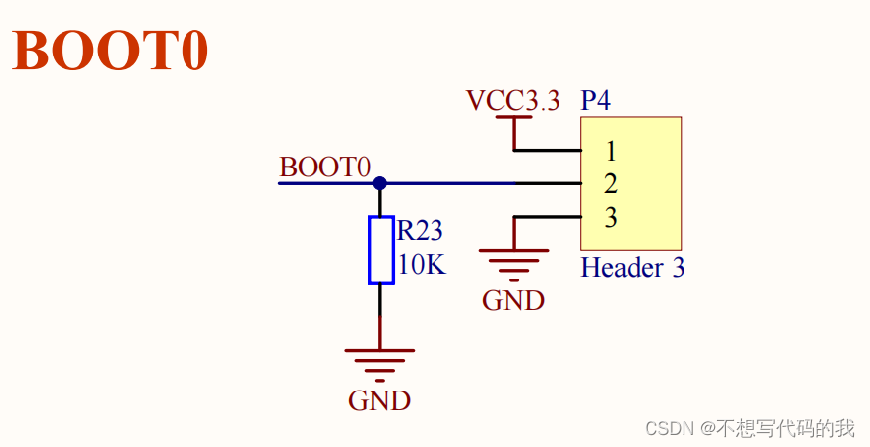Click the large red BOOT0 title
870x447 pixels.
pos(110,51)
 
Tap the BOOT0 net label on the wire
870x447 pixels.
pos(324,168)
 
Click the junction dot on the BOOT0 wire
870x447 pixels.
pos(379,183)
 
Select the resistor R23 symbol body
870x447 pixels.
pos(380,250)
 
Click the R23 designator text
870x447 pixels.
pos(420,232)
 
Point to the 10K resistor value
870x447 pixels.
pos(422,266)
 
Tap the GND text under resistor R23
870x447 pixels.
pos(379,401)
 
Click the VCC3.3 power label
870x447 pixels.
pos(513,100)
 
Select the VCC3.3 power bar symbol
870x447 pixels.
pos(513,118)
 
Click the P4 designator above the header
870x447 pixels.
pos(595,100)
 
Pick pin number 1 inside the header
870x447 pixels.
pos(611,152)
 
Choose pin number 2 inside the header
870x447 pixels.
pos(611,184)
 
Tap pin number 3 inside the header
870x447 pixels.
pos(611,217)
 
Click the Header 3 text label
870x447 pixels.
pos(632,268)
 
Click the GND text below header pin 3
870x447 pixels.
pos(513,301)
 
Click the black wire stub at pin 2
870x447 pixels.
pos(548,183)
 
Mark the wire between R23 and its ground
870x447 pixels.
pos(380,315)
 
